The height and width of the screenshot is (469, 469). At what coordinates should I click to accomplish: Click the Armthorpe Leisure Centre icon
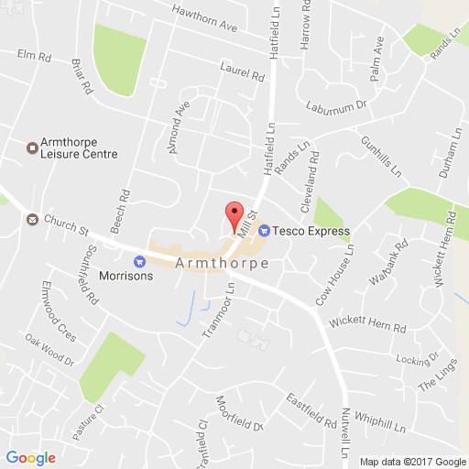click(x=30, y=145)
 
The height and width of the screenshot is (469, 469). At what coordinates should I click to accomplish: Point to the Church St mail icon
click(x=32, y=220)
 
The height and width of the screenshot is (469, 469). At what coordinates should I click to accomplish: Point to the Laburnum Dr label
click(x=336, y=106)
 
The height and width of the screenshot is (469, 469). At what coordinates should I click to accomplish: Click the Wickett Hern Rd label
click(x=361, y=325)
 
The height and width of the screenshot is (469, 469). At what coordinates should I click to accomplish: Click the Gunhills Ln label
click(x=383, y=155)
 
